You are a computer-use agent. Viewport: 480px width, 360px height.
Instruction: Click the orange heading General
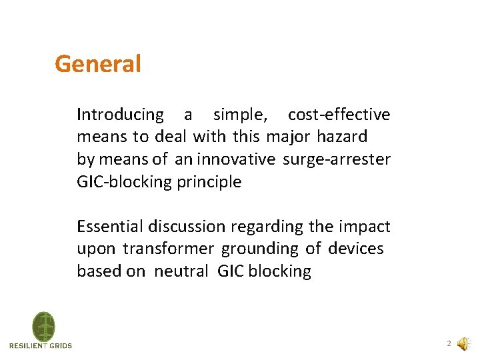coord(98,64)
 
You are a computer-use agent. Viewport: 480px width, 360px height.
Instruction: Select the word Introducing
coord(120,115)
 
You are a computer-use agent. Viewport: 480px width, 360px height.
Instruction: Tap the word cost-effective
coord(339,115)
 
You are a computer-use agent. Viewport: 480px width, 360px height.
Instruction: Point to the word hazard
coord(343,137)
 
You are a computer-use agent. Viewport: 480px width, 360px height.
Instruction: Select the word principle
coord(209,181)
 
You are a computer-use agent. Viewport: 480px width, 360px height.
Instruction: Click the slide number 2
coord(449,344)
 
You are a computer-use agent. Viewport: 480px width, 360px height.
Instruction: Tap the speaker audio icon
coord(462,345)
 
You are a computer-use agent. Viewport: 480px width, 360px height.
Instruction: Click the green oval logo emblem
coord(44,326)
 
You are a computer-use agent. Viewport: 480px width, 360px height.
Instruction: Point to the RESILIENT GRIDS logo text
coord(41,345)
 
